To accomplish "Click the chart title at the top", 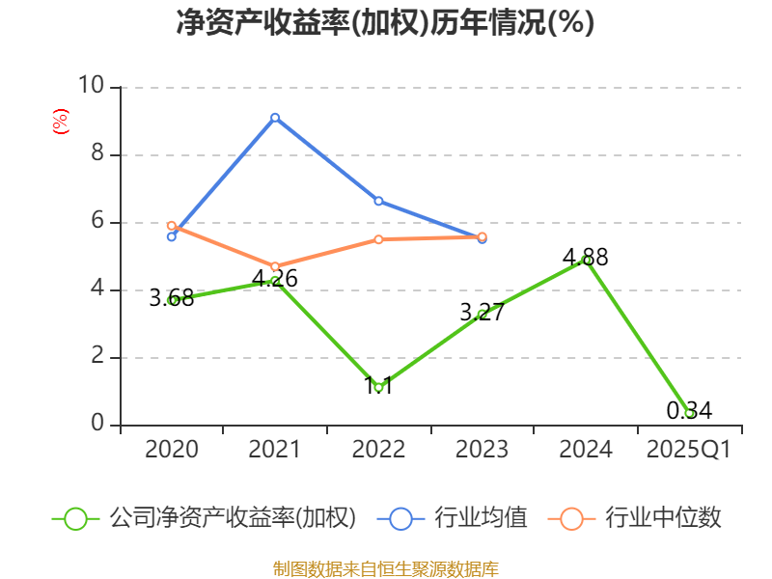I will [385, 23].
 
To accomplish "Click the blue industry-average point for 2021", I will [275, 117].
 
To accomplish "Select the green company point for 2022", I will [378, 387].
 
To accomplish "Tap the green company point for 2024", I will [586, 260].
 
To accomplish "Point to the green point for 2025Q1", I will [689, 413].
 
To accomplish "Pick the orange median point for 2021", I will [275, 266].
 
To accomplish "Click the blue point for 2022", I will [378, 201].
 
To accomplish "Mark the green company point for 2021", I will [275, 280].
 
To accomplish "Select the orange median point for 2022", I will [378, 239].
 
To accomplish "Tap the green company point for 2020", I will [172, 300].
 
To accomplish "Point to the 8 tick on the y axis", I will [96, 154].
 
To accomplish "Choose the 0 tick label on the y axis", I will [96, 425].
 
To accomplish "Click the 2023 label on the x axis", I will [482, 450].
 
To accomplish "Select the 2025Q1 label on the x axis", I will [689, 450].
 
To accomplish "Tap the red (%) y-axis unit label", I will [60, 123].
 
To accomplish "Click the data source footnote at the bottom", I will [385, 568].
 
